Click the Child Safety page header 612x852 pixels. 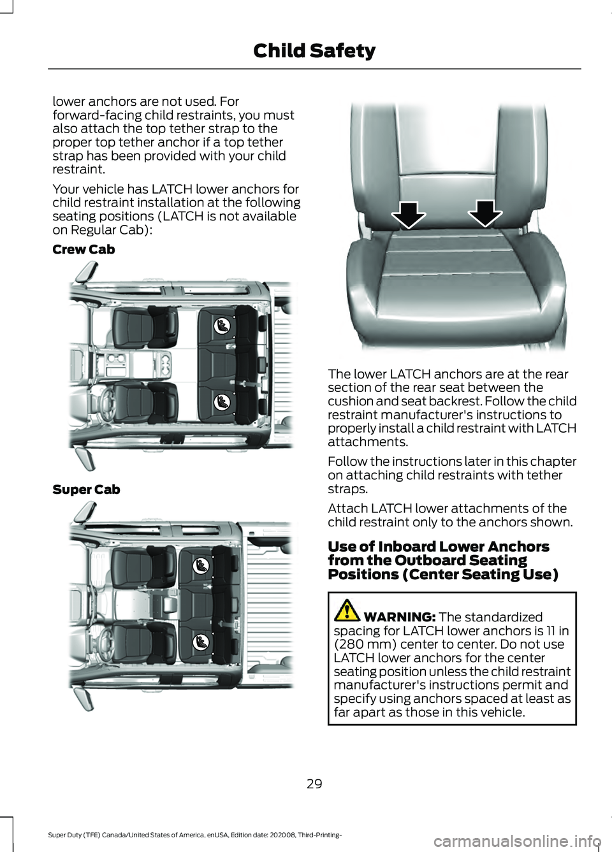[x=314, y=51]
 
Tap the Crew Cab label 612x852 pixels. [x=84, y=250]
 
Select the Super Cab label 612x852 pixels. [x=86, y=490]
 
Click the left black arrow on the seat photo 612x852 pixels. [x=409, y=214]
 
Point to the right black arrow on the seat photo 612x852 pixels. [x=485, y=213]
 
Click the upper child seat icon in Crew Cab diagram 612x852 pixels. [x=221, y=326]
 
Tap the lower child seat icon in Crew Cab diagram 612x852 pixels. [x=221, y=402]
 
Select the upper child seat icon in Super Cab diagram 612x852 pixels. [x=201, y=565]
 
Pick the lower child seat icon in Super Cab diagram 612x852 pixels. [x=201, y=641]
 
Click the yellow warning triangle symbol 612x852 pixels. [x=347, y=610]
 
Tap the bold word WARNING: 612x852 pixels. [x=400, y=617]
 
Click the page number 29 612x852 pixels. [x=314, y=784]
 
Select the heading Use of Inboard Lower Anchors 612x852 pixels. [x=438, y=547]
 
